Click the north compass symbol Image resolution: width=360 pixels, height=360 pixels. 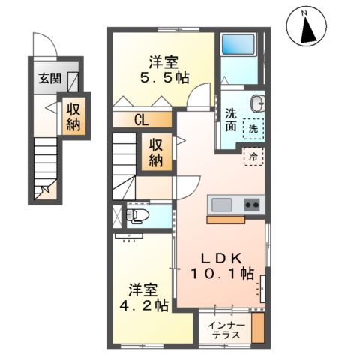[x=307, y=28]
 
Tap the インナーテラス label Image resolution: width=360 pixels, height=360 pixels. [x=225, y=330]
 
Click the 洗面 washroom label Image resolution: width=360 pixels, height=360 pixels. [x=232, y=121]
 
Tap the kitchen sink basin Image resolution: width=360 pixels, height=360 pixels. [x=223, y=204]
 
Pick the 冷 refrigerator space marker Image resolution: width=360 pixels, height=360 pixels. [x=253, y=157]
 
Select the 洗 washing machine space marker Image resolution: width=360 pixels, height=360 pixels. [x=256, y=128]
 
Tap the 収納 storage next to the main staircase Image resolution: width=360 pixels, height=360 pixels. [x=157, y=153]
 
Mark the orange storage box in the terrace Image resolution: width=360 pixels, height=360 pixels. [x=258, y=328]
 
